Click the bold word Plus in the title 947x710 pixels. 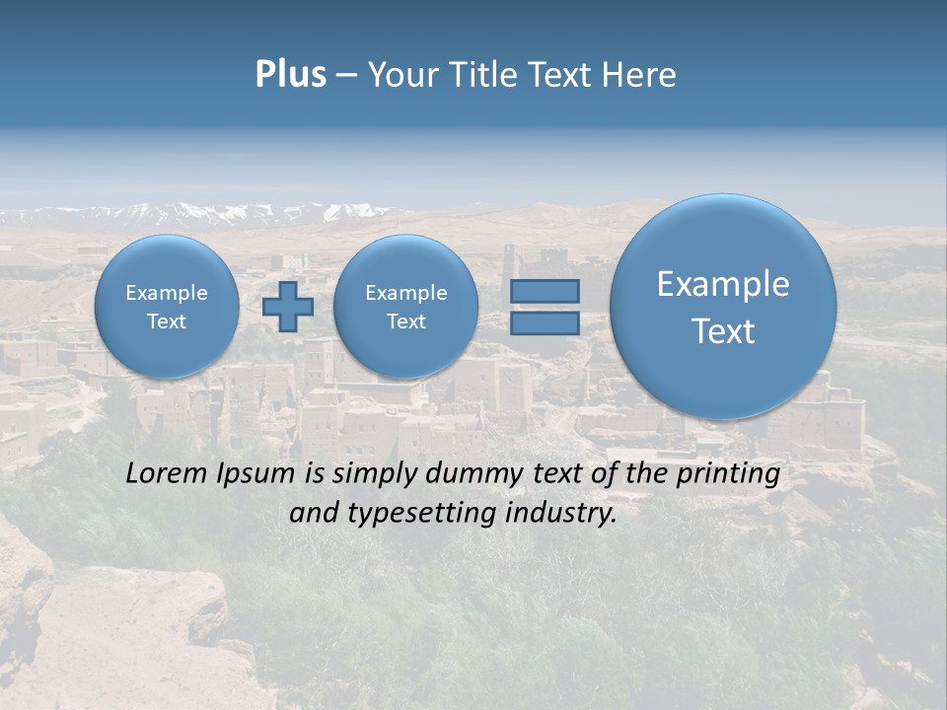[290, 75]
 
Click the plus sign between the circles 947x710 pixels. [288, 307]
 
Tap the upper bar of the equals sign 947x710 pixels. [545, 291]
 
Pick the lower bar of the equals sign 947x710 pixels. [545, 322]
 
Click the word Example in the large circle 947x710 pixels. [723, 284]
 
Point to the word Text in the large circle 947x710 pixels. [723, 331]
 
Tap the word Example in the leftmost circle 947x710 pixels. [167, 293]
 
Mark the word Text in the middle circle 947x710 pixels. [405, 321]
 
